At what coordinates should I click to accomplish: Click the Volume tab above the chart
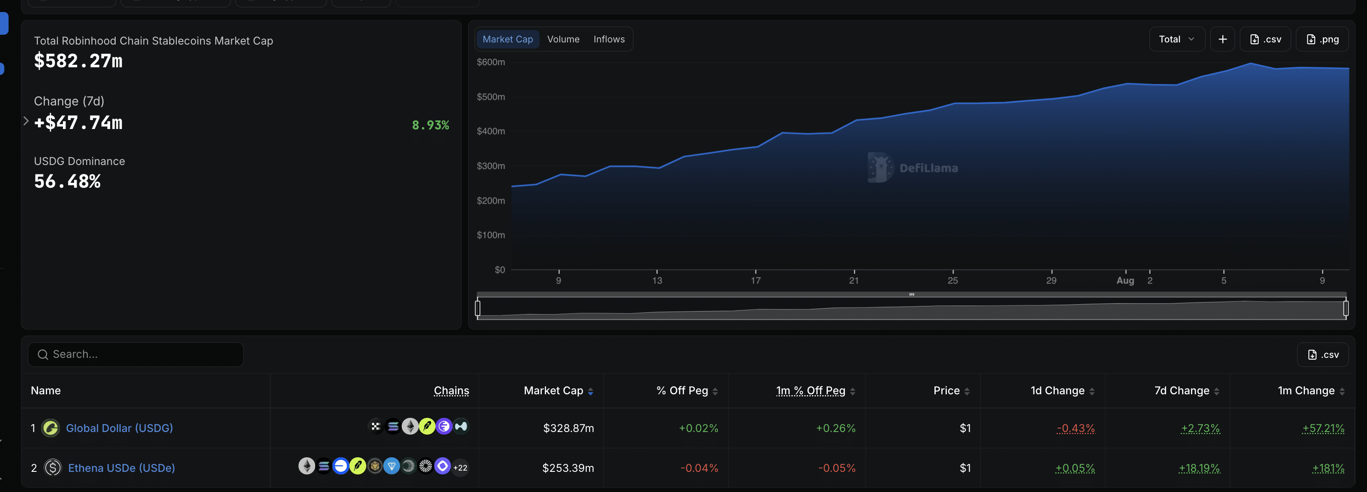563,39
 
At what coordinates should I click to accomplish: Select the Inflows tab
609,39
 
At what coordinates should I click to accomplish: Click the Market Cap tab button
507,39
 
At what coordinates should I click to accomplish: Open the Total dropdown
1176,39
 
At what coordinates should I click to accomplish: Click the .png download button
1322,39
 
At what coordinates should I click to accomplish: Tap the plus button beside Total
1222,39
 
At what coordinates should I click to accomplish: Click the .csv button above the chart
1265,39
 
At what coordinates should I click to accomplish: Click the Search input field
136,354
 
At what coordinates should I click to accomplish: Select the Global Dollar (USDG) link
119,428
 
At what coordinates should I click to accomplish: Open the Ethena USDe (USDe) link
122,468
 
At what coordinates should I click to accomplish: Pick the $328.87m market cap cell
568,428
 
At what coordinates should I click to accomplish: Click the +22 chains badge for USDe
460,468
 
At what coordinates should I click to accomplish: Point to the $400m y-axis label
491,131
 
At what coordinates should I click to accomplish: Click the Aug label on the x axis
1125,281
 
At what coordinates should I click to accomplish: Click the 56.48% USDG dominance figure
67,181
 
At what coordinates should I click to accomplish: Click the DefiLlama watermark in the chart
913,168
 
